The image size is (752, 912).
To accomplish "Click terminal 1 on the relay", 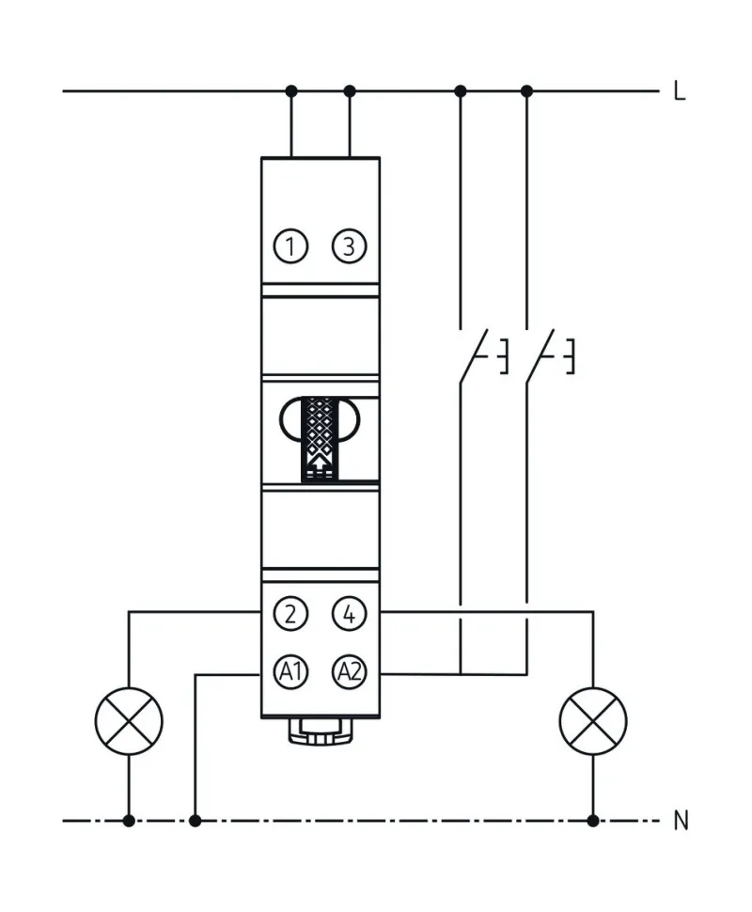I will [291, 246].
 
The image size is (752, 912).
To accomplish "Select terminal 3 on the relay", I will [350, 246].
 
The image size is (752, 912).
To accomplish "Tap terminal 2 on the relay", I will [291, 615].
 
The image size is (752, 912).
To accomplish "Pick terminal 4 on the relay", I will [350, 615].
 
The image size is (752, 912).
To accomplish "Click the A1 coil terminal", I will [291, 671].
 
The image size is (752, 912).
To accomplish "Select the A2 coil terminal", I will [350, 671].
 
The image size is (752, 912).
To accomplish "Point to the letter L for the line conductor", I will [679, 91].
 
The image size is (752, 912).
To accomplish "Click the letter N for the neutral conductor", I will [681, 821].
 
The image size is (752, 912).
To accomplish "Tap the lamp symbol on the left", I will [129, 721].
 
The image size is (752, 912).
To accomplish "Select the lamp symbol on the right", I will [592, 721].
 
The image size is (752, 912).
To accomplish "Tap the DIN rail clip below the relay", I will [321, 731].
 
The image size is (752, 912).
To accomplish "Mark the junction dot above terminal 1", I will [291, 91].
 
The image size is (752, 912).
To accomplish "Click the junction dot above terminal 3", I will [350, 91].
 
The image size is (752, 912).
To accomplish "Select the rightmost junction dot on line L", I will [526, 91].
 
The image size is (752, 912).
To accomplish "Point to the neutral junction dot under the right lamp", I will [592, 821].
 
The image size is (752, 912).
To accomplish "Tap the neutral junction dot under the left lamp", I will [129, 821].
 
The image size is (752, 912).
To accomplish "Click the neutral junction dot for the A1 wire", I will [195, 821].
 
